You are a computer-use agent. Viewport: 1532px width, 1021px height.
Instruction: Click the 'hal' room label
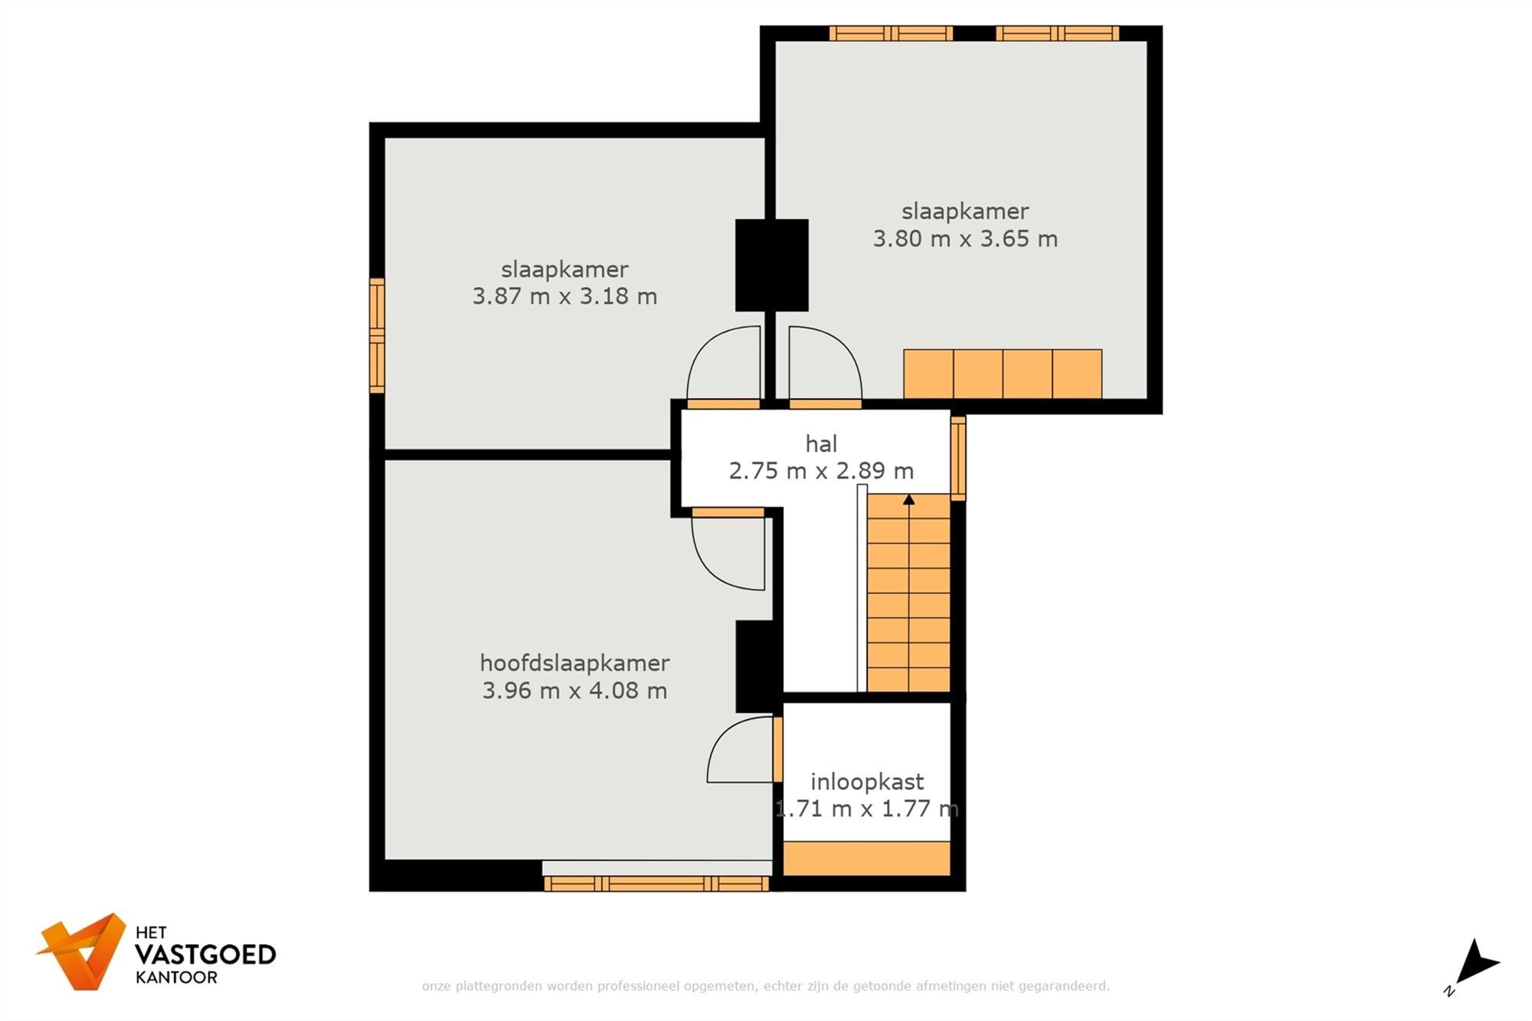pyautogui.click(x=821, y=443)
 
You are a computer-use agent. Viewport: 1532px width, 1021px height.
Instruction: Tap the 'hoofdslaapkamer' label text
pyautogui.click(x=574, y=663)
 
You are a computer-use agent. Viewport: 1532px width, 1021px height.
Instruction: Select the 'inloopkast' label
pyautogui.click(x=867, y=782)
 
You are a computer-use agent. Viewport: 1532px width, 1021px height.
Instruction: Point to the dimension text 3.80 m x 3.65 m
pyautogui.click(x=965, y=239)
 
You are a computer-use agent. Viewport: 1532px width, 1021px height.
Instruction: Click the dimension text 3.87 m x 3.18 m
pyautogui.click(x=565, y=296)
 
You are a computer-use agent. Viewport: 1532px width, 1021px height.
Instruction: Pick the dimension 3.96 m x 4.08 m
pyautogui.click(x=574, y=691)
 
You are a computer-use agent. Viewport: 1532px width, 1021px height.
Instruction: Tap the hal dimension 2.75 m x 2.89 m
pyautogui.click(x=821, y=471)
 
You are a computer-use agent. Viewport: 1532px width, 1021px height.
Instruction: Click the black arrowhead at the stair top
pyautogui.click(x=908, y=499)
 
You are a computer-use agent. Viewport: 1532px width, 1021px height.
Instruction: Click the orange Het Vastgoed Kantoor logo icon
pyautogui.click(x=83, y=951)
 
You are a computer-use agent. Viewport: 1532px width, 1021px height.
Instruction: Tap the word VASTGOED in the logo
pyautogui.click(x=205, y=954)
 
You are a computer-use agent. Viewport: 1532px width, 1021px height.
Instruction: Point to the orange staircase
pyautogui.click(x=908, y=593)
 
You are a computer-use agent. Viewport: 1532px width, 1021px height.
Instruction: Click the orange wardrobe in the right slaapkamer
pyautogui.click(x=1003, y=374)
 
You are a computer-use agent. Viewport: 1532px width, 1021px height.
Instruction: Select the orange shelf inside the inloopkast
pyautogui.click(x=866, y=858)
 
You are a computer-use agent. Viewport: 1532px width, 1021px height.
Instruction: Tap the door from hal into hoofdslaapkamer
pyautogui.click(x=728, y=549)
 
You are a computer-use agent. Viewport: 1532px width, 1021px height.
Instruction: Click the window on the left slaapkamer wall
pyautogui.click(x=377, y=335)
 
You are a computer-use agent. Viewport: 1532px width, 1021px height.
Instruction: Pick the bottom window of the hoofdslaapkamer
pyautogui.click(x=656, y=884)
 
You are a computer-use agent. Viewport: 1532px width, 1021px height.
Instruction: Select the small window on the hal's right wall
pyautogui.click(x=958, y=458)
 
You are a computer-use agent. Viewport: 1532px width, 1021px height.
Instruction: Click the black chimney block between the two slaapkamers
pyautogui.click(x=771, y=265)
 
